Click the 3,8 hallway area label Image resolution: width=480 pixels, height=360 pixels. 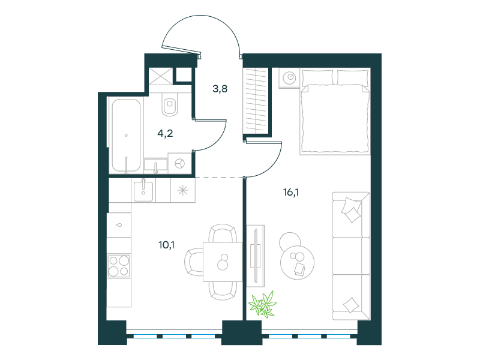coord(220,89)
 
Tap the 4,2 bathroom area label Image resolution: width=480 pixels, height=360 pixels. coord(166,133)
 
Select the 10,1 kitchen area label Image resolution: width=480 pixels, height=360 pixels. coord(167,245)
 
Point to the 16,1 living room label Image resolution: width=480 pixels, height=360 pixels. coord(291,192)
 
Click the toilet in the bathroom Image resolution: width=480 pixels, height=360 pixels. coord(170,104)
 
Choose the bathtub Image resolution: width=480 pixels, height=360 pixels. coord(126,136)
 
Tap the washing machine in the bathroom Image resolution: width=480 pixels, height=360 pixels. coord(180,163)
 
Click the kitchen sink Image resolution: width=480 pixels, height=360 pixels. coord(143,190)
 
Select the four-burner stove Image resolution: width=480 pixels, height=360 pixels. coord(119,266)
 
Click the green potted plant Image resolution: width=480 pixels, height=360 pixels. coord(263,305)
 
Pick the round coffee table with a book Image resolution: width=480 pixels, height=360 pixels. coord(297,262)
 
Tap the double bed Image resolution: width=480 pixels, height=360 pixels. coord(335,112)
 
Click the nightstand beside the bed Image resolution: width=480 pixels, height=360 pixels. coord(289,78)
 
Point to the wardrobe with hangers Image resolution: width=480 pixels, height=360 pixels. coord(256,101)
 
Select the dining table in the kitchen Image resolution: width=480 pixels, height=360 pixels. coord(223,262)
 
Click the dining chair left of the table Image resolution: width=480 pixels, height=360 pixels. coord(194,262)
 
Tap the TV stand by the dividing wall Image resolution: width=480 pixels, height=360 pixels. coord(256,256)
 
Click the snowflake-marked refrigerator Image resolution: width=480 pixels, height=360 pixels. coord(183,190)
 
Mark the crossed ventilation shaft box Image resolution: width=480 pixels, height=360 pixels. coord(161,76)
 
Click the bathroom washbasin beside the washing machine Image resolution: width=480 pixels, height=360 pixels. coord(155,166)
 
